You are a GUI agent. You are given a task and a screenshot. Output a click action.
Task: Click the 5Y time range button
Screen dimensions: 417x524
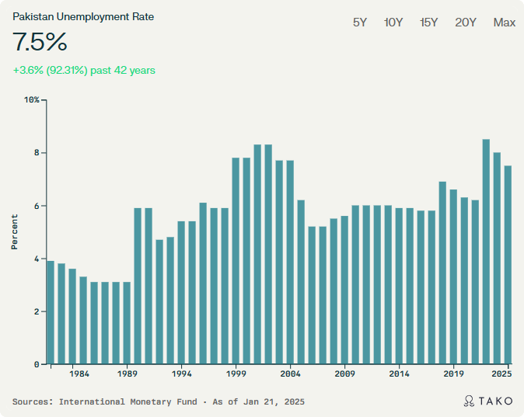point(360,23)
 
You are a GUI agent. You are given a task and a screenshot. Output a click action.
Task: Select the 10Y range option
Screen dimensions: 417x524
point(393,23)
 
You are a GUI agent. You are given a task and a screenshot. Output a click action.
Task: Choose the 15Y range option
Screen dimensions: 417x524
point(428,23)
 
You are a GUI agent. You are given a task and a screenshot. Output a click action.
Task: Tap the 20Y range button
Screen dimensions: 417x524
point(466,23)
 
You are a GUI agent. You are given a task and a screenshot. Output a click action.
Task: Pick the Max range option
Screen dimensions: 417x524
point(504,23)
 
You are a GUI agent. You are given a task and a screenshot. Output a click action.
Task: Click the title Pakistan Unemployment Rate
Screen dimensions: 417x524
point(83,16)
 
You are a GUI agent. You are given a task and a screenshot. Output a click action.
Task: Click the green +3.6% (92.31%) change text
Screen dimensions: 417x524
point(84,71)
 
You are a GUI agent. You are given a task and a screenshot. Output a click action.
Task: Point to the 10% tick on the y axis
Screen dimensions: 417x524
point(31,100)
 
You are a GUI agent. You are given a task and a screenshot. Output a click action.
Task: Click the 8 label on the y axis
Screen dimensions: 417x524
point(36,153)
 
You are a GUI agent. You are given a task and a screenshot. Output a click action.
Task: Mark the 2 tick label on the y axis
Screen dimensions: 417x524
point(36,311)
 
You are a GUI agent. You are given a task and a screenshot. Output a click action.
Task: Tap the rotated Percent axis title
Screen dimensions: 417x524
point(15,232)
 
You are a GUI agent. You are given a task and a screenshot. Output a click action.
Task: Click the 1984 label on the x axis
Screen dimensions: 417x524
point(79,374)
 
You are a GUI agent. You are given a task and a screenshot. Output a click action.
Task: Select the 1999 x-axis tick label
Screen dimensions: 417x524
point(236,374)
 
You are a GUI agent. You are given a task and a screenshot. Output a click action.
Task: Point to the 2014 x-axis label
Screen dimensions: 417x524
point(400,374)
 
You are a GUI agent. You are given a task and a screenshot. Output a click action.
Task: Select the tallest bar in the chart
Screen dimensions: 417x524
point(486,252)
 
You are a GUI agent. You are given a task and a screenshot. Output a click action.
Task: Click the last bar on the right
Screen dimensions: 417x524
point(508,265)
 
